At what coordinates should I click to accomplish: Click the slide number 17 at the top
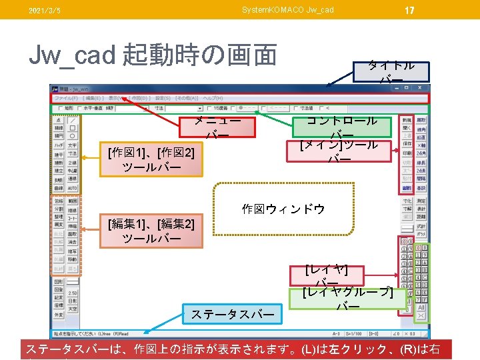409,9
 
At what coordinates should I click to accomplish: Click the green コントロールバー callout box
342,126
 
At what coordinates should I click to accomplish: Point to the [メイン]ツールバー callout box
339,151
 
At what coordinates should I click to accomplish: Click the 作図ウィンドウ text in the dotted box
283,209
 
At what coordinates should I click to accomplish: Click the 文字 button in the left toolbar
73,145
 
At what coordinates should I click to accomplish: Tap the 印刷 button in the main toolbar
406,153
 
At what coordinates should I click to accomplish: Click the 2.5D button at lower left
73,293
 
